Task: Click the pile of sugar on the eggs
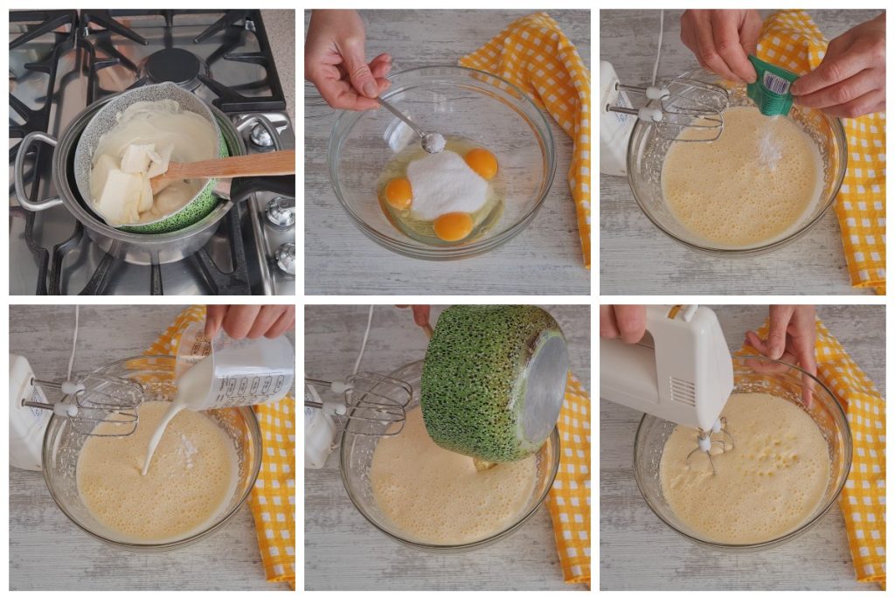coord(445,184)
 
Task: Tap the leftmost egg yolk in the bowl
coord(399,192)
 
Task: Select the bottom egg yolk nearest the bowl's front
coord(453,226)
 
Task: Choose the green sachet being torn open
coord(769,87)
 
